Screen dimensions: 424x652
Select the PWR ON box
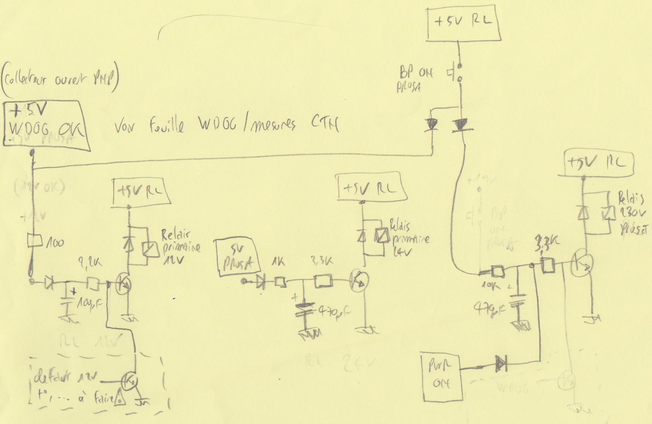(442, 376)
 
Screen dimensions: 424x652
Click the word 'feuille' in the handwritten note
(167, 126)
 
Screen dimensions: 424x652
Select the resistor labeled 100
(35, 241)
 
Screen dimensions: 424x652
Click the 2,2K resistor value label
(90, 263)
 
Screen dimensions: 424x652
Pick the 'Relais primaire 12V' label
(180, 247)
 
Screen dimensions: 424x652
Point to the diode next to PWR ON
(501, 365)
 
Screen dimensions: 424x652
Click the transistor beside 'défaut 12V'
(130, 381)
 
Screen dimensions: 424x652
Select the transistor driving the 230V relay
(583, 263)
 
